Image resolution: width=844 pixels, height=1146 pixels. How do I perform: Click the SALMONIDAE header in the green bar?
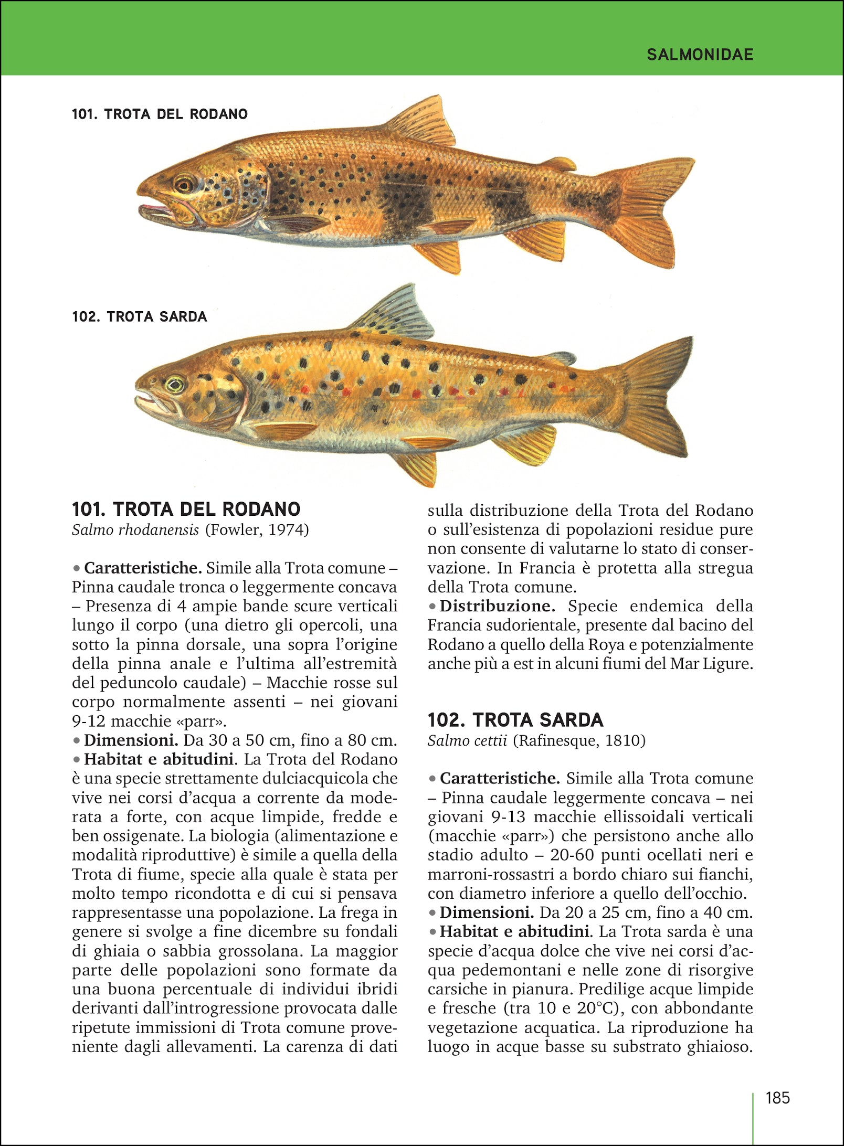pos(700,55)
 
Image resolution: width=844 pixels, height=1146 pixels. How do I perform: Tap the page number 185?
pos(777,1098)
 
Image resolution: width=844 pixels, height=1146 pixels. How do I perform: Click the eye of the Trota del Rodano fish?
pos(184,184)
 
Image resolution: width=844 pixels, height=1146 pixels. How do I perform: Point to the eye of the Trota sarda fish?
pos(175,385)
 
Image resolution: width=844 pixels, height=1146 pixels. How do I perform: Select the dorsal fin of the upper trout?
pos(423,122)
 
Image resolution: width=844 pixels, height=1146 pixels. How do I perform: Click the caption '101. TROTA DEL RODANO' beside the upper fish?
pos(160,114)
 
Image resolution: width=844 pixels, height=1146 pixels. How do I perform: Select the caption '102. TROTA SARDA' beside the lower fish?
pos(140,317)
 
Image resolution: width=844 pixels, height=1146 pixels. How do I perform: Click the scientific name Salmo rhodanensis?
pos(135,530)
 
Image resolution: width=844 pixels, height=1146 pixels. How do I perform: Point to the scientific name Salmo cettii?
pos(467,740)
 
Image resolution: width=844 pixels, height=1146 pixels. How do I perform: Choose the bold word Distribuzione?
pos(497,606)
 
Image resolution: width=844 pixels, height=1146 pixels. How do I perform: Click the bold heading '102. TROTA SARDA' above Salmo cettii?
pos(515,720)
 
